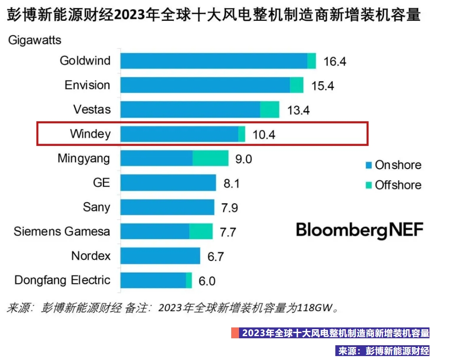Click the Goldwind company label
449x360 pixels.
(x=85, y=60)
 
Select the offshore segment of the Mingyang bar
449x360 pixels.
(x=210, y=159)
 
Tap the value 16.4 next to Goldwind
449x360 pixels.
(x=335, y=61)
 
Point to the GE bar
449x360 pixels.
(x=168, y=183)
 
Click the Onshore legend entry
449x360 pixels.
(x=393, y=165)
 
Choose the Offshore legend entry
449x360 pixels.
(x=393, y=185)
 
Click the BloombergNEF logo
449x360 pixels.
(x=360, y=230)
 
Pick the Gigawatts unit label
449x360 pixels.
(x=35, y=40)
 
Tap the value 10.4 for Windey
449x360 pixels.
(x=264, y=134)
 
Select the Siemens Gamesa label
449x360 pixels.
(x=62, y=231)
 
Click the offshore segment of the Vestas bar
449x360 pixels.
(x=269, y=109)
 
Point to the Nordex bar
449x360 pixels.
(x=160, y=256)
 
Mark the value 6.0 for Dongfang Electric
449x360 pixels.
(x=207, y=281)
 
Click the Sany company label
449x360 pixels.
(x=96, y=207)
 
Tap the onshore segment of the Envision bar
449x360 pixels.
(x=205, y=85)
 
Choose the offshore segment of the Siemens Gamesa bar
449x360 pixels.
(x=201, y=231)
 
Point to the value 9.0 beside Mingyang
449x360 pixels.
(x=243, y=159)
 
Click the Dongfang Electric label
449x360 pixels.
(x=62, y=280)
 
